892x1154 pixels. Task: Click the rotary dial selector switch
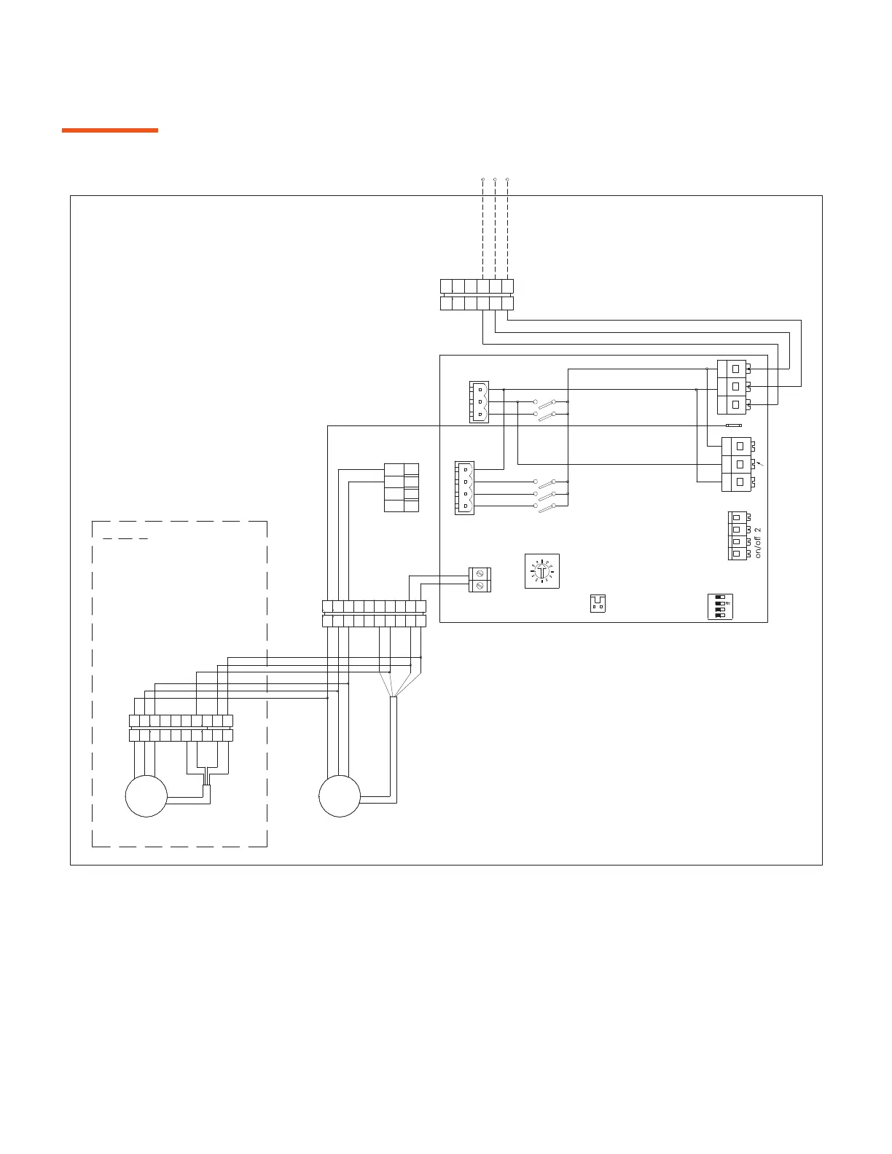point(541,571)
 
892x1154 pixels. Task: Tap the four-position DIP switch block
point(720,607)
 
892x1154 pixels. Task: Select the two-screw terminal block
point(480,579)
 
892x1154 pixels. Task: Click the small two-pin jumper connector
point(598,604)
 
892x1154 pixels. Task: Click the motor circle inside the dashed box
point(146,796)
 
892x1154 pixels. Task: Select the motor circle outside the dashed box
point(340,796)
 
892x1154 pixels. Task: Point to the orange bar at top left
point(109,130)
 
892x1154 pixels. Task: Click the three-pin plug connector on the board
point(479,401)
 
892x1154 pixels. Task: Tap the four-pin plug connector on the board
point(464,488)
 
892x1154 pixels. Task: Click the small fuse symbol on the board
point(734,425)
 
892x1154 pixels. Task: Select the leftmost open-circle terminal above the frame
point(483,178)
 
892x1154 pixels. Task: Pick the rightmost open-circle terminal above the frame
point(507,178)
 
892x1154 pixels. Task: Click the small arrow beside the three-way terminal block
point(762,463)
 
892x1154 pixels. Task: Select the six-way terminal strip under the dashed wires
point(477,294)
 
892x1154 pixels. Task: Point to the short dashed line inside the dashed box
point(125,539)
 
